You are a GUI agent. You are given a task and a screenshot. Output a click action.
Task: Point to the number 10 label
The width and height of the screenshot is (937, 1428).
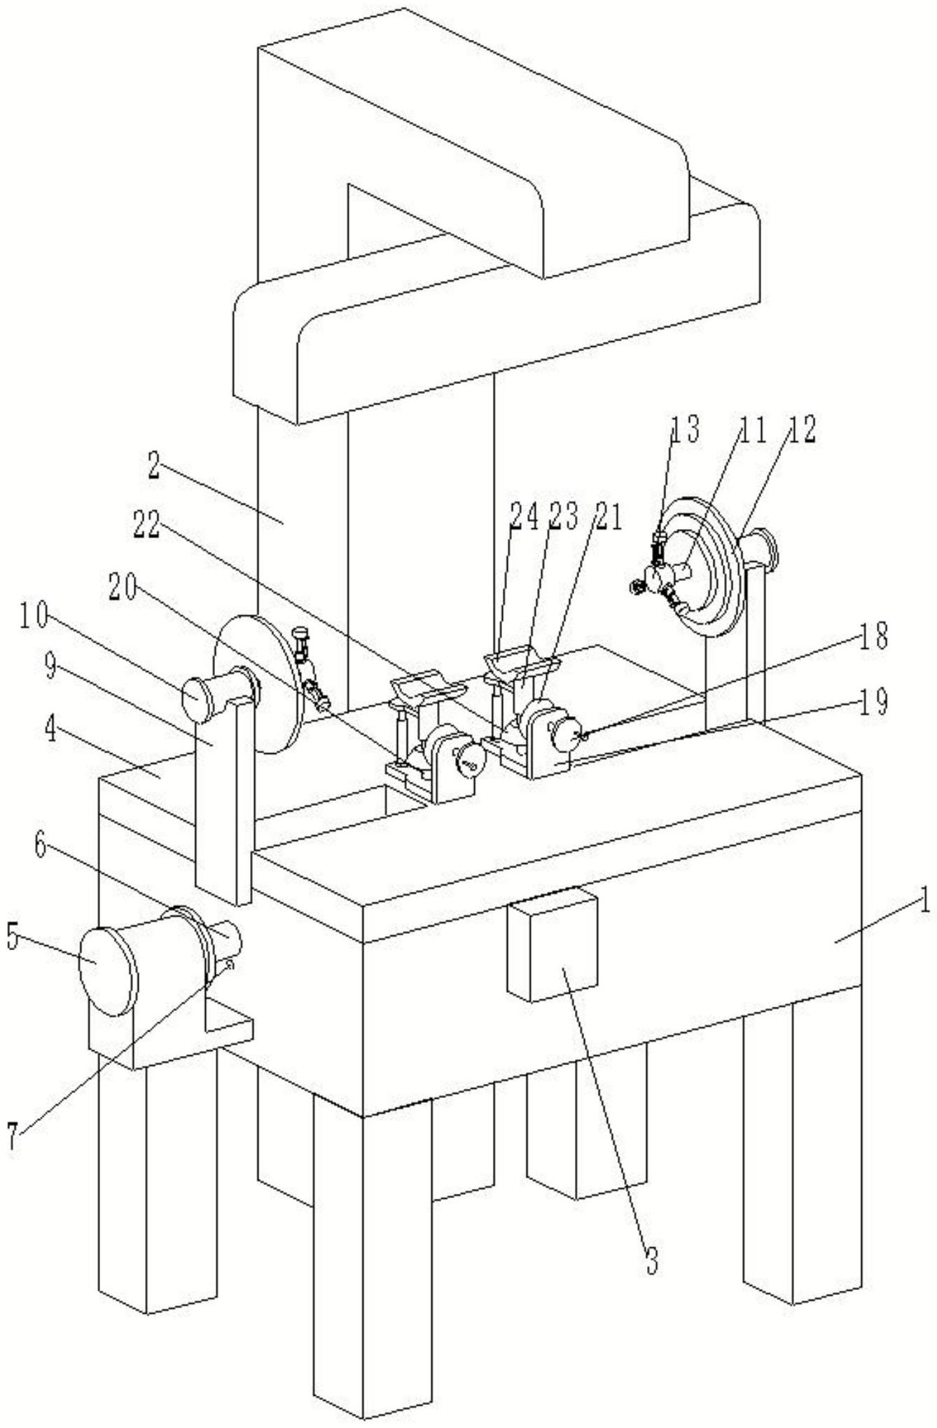(34, 618)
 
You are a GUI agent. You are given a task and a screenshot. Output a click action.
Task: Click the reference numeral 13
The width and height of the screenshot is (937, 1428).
(684, 430)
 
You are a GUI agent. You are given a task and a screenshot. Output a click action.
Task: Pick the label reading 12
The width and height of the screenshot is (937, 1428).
(800, 431)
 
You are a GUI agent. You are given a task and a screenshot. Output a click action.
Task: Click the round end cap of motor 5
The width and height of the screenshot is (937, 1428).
(108, 971)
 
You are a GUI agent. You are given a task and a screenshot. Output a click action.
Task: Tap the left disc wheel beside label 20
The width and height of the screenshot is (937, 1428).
(258, 683)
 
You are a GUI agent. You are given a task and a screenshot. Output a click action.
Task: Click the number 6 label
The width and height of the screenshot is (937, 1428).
(39, 846)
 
